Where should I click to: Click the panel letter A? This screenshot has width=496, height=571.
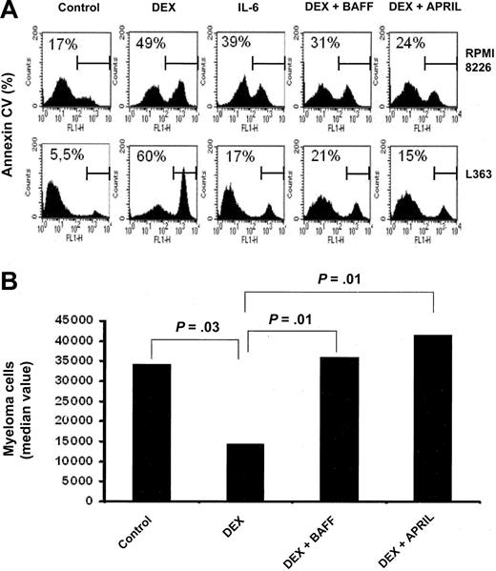(x=9, y=10)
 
